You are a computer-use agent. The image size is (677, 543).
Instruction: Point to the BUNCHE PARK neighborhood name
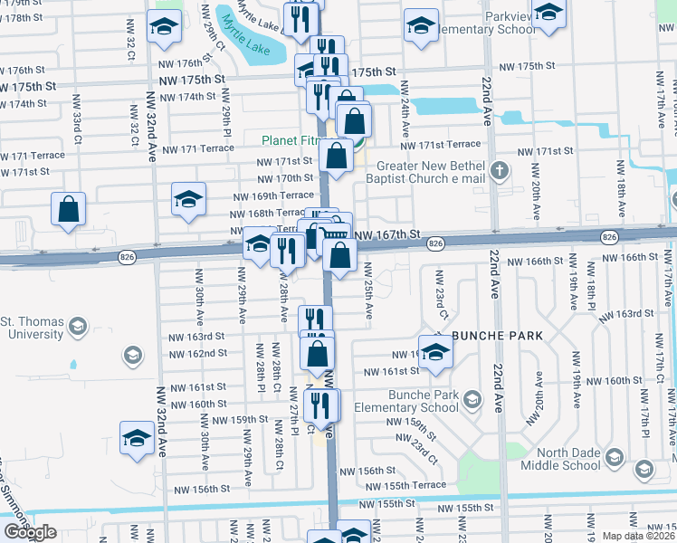click(497, 336)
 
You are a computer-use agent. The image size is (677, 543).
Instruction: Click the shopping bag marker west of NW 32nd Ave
click(69, 209)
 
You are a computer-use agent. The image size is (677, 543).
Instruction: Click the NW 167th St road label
click(388, 234)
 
